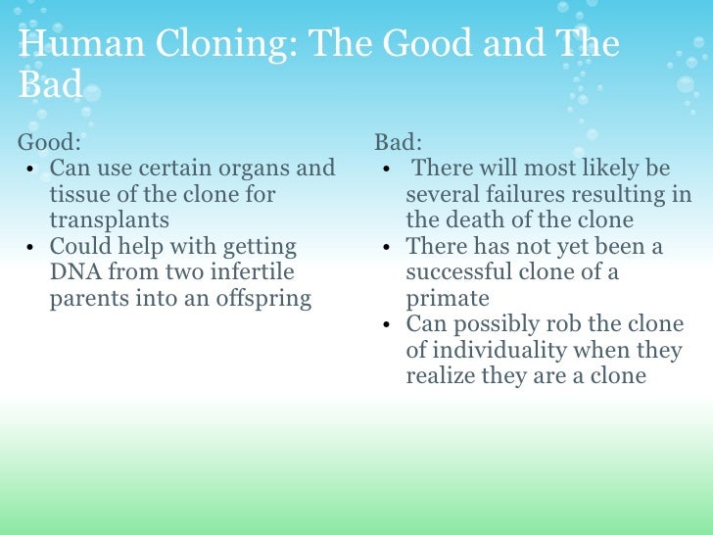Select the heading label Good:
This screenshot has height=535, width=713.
pyautogui.click(x=49, y=142)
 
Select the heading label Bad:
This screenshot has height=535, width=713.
pyautogui.click(x=398, y=142)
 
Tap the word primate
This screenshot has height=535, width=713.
pyautogui.click(x=448, y=299)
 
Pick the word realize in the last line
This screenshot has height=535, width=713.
pyautogui.click(x=441, y=375)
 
